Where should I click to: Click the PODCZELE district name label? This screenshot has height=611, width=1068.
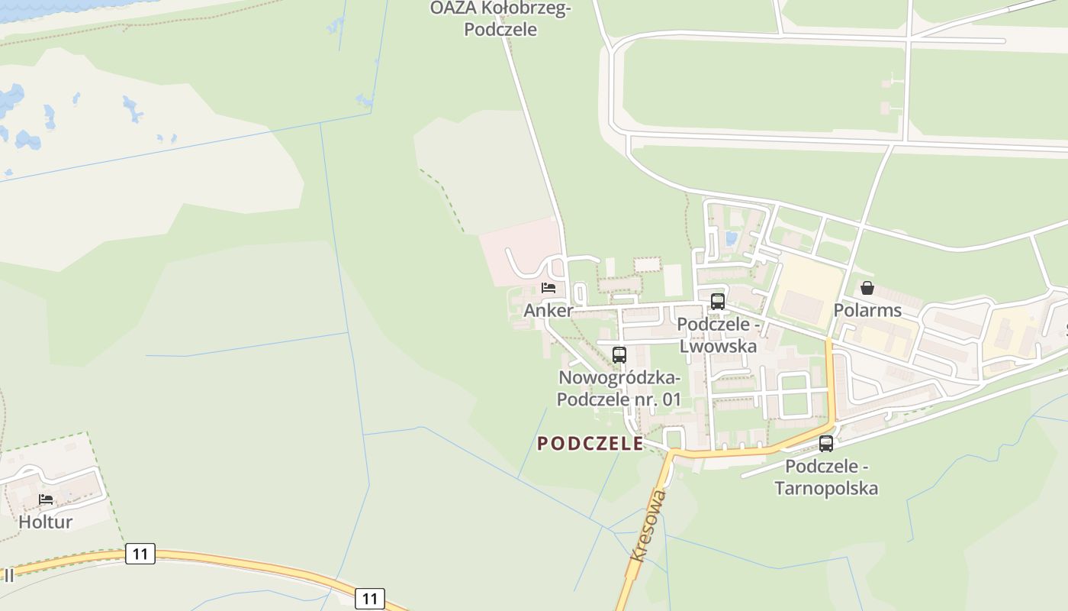[x=590, y=444]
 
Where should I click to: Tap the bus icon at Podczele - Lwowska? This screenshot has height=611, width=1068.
[x=718, y=301]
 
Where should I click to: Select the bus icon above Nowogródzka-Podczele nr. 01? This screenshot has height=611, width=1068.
[x=619, y=354]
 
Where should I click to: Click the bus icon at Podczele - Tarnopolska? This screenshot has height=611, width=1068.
[x=826, y=443]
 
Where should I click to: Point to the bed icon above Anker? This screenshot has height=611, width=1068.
[x=548, y=288]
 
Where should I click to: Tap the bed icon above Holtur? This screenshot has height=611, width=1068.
[x=46, y=499]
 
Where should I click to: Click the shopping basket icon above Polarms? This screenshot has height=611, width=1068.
[x=867, y=288]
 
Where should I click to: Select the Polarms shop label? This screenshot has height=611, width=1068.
[x=867, y=310]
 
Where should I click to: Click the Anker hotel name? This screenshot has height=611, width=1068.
[x=548, y=311]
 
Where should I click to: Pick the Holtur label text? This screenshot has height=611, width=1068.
[x=46, y=522]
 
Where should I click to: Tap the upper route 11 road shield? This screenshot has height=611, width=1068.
[x=140, y=554]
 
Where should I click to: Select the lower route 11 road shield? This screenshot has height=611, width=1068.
[x=370, y=598]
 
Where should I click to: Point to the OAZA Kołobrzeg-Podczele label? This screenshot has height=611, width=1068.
[x=500, y=19]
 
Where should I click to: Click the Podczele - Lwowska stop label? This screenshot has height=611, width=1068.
[x=718, y=335]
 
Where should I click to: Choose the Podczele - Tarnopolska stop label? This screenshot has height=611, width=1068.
[x=826, y=477]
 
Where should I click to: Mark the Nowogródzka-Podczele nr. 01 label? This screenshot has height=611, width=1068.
[x=619, y=388]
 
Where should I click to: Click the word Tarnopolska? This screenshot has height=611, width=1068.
[x=826, y=488]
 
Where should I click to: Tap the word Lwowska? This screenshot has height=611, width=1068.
[x=718, y=346]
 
